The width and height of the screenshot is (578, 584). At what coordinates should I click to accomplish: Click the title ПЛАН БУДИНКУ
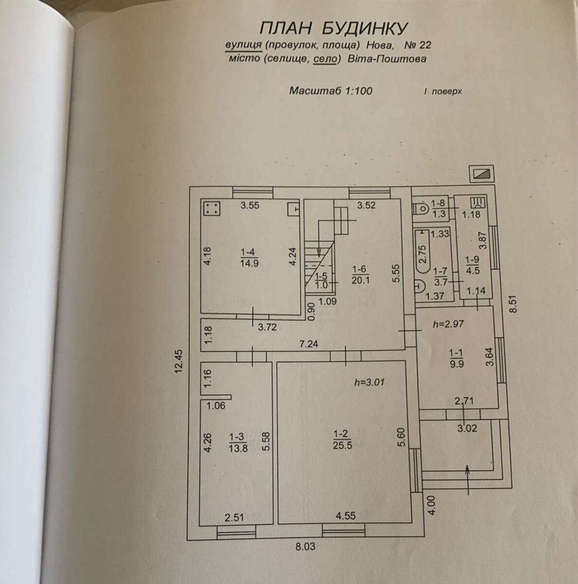(333, 28)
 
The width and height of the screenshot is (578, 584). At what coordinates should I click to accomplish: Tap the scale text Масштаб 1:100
(331, 91)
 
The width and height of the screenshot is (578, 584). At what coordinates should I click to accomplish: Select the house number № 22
(418, 46)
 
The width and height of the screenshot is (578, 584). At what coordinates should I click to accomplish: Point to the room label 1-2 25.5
(342, 439)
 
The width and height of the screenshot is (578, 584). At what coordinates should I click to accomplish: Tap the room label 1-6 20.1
(361, 274)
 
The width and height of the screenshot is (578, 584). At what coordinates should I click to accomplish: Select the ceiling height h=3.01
(370, 382)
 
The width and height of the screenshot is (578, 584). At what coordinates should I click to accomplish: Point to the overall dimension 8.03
(305, 547)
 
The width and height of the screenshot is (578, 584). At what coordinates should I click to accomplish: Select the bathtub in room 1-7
(422, 253)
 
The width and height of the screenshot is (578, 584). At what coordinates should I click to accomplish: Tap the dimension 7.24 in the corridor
(309, 344)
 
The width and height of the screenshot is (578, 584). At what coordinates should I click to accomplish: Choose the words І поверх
(443, 91)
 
